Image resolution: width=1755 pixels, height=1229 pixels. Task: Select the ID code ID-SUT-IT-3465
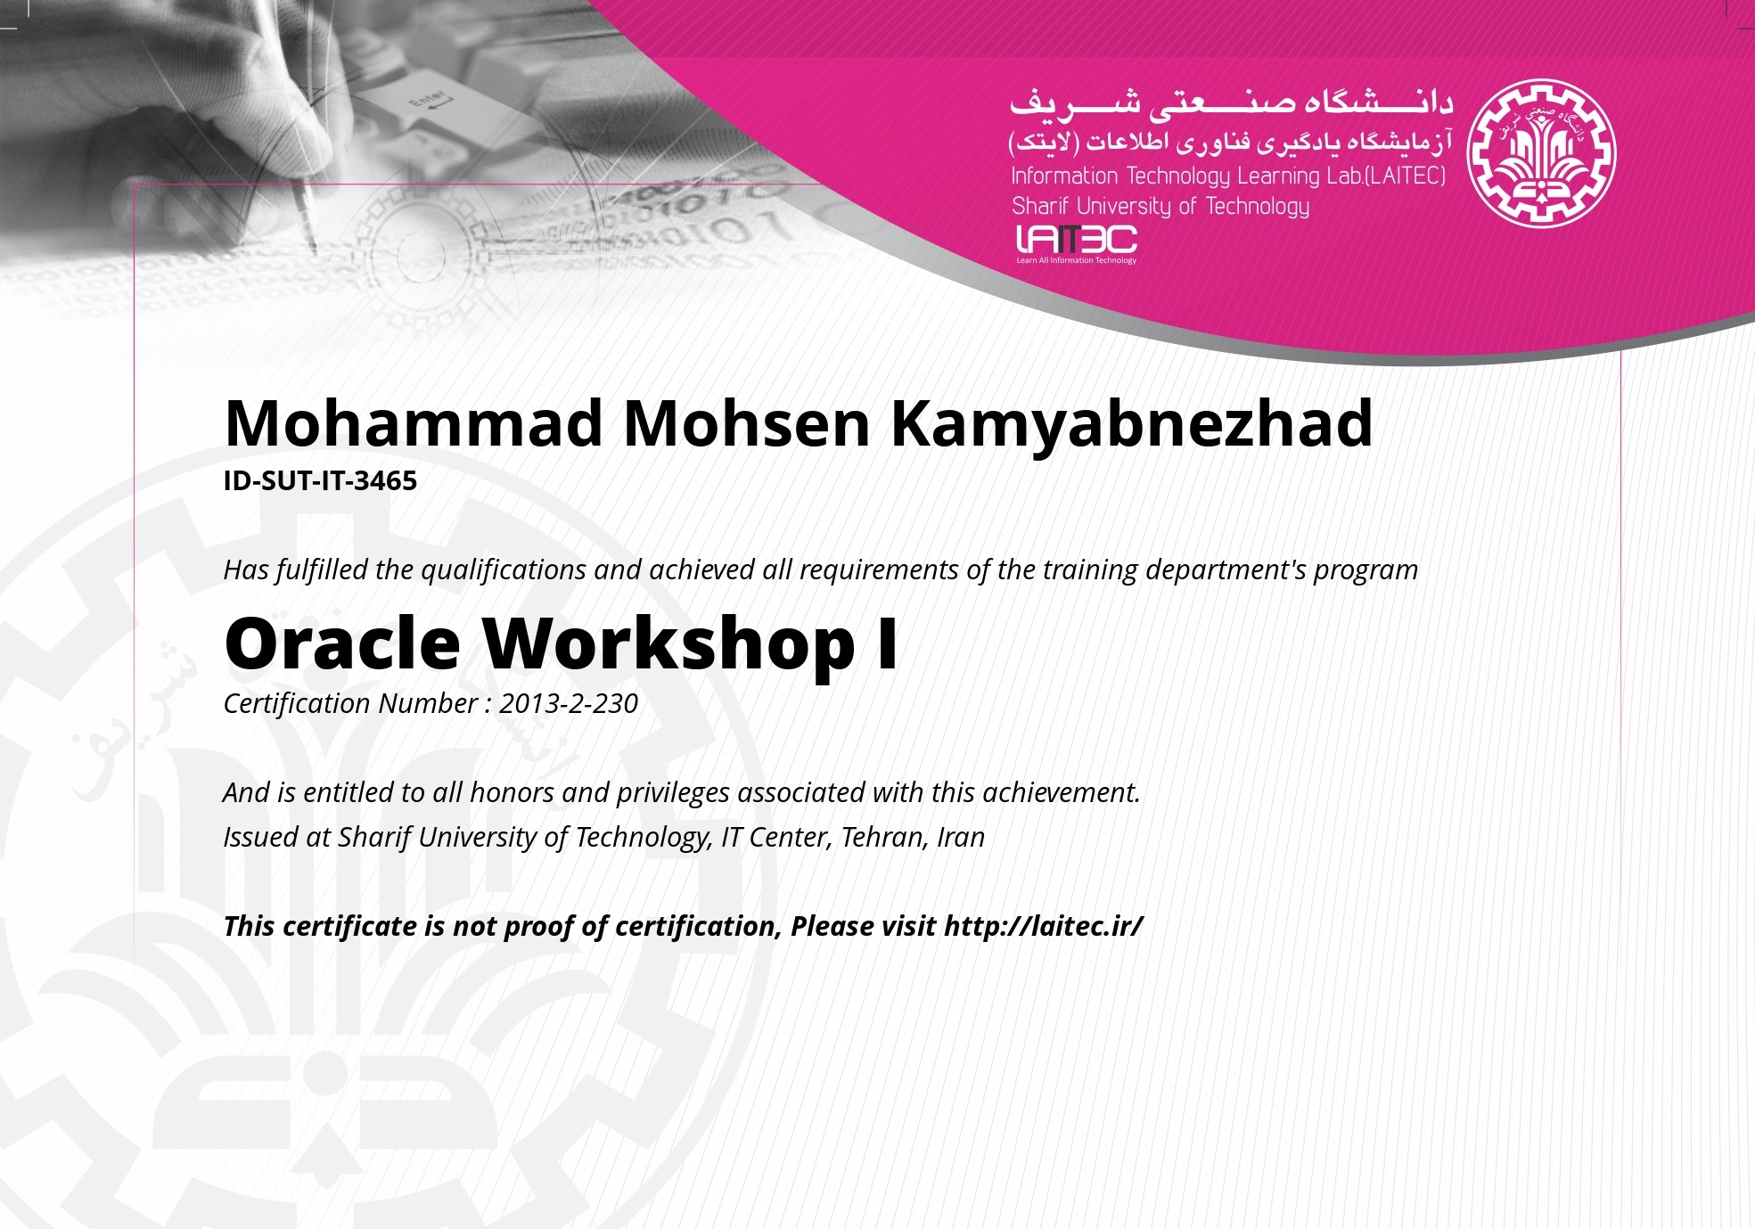[x=320, y=481]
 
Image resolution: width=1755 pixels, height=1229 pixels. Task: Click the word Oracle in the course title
[x=342, y=643]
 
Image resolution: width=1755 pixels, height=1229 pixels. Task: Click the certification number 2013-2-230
[x=569, y=704]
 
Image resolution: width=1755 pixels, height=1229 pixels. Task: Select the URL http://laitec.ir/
[x=1044, y=927]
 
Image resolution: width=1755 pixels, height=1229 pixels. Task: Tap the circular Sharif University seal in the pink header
[x=1542, y=153]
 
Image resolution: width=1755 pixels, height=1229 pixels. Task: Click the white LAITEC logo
[x=1077, y=243]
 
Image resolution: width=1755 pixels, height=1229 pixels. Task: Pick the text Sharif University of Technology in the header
[x=1160, y=207]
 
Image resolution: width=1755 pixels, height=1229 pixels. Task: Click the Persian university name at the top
[x=1231, y=102]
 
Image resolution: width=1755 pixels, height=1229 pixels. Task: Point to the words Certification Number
[x=351, y=704]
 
